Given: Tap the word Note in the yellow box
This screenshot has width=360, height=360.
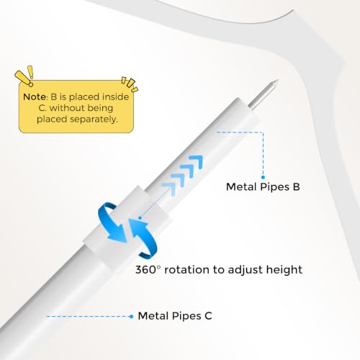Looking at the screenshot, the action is (x=35, y=97).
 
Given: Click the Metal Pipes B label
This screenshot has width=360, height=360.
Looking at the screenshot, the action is (x=263, y=186).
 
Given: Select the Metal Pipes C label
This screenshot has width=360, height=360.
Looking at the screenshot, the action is (x=175, y=316).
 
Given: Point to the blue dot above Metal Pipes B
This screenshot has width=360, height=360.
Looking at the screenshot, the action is (x=263, y=177).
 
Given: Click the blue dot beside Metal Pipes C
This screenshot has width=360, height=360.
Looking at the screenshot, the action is (x=131, y=317).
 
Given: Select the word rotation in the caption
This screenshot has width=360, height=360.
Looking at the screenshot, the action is (x=186, y=270).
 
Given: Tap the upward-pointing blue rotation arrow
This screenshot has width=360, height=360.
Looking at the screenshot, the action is (x=143, y=238).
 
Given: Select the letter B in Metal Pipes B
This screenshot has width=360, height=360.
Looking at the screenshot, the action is (x=297, y=186).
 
